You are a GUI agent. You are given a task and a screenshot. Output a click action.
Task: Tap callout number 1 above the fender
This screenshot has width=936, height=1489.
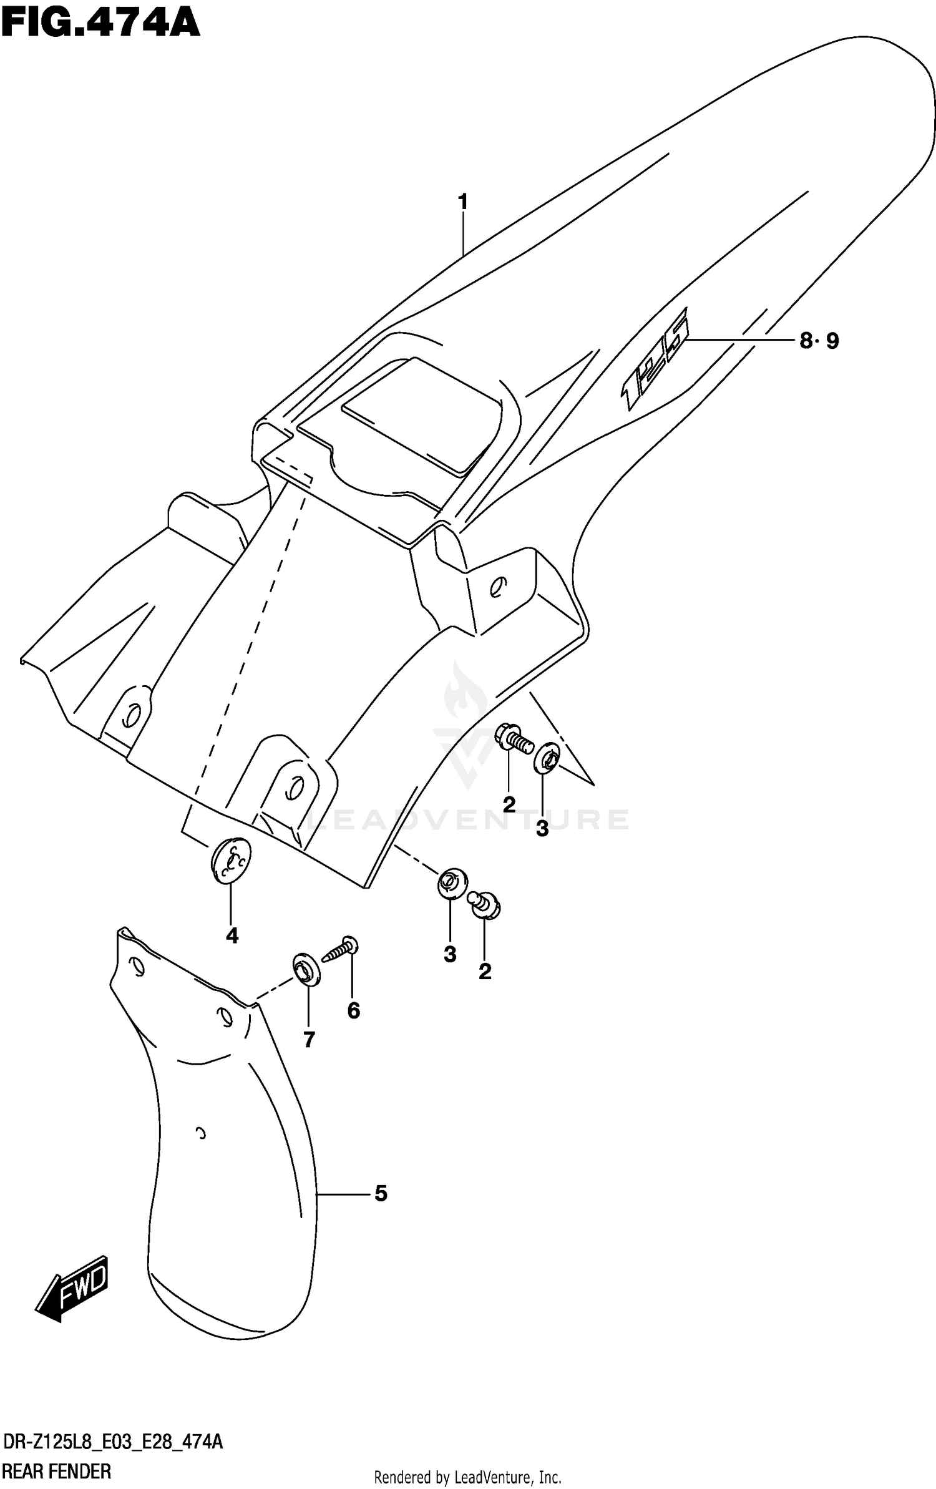point(462,202)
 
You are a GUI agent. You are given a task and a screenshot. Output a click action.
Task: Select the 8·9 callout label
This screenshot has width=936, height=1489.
point(819,341)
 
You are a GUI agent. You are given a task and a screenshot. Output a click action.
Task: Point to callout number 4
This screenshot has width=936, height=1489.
point(232,935)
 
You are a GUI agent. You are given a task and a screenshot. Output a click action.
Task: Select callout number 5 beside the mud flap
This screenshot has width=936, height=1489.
point(381,1194)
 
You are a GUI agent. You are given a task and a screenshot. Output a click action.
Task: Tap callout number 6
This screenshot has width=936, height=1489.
point(353,1010)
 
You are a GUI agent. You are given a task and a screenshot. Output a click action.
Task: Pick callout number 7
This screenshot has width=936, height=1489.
point(309,1039)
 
